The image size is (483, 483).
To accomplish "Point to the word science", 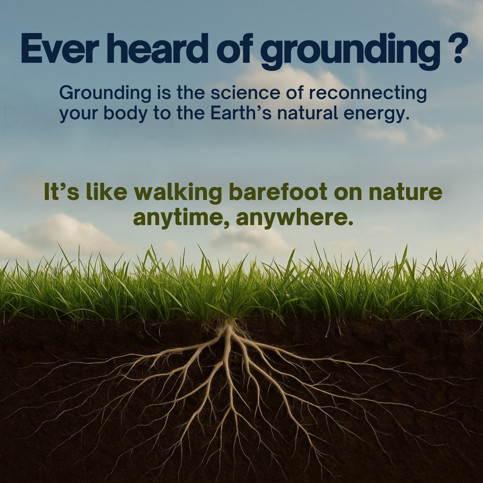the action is coord(245,93).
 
